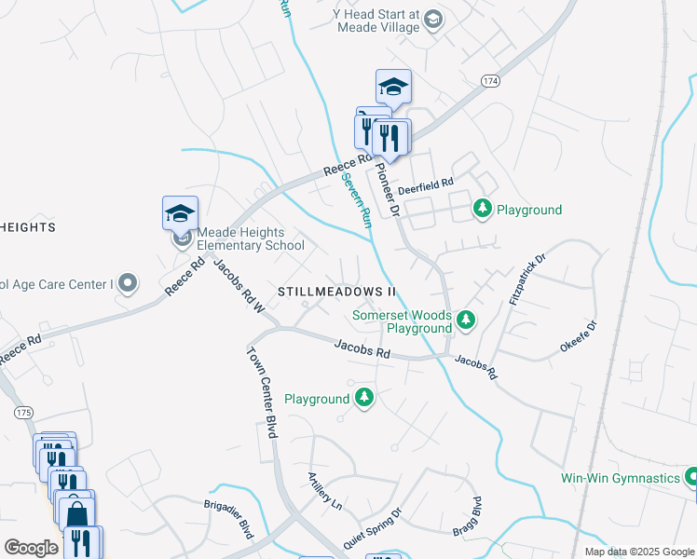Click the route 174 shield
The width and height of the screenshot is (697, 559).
pyautogui.click(x=491, y=82)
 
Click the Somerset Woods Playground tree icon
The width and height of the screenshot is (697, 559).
pyautogui.click(x=466, y=321)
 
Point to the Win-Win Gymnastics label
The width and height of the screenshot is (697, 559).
pyautogui.click(x=620, y=478)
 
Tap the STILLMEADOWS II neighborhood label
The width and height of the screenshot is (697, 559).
pyautogui.click(x=336, y=292)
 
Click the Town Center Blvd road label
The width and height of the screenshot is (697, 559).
pyautogui.click(x=263, y=392)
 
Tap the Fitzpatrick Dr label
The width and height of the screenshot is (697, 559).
pyautogui.click(x=525, y=274)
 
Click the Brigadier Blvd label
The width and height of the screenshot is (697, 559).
pyautogui.click(x=228, y=518)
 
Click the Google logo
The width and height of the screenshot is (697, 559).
pyautogui.click(x=31, y=548)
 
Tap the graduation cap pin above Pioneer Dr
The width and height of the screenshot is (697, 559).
pyautogui.click(x=393, y=87)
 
